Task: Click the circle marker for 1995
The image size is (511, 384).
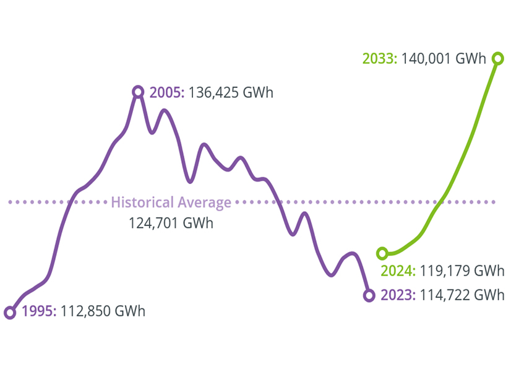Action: (x=10, y=313)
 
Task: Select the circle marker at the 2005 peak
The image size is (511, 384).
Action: (x=138, y=92)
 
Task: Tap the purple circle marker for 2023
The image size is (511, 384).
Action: (x=369, y=295)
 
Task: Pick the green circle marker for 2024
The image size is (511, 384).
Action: (x=382, y=253)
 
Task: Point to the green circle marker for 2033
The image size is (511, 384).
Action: (x=497, y=58)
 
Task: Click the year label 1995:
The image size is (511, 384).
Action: (x=40, y=311)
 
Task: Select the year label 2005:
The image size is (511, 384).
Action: (x=167, y=93)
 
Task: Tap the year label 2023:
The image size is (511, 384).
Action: (x=398, y=295)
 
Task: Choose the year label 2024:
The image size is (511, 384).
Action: (x=398, y=271)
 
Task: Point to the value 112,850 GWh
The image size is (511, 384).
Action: (x=103, y=311)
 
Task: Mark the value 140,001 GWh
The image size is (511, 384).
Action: (x=444, y=59)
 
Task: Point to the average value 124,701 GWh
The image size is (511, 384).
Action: (x=171, y=222)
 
